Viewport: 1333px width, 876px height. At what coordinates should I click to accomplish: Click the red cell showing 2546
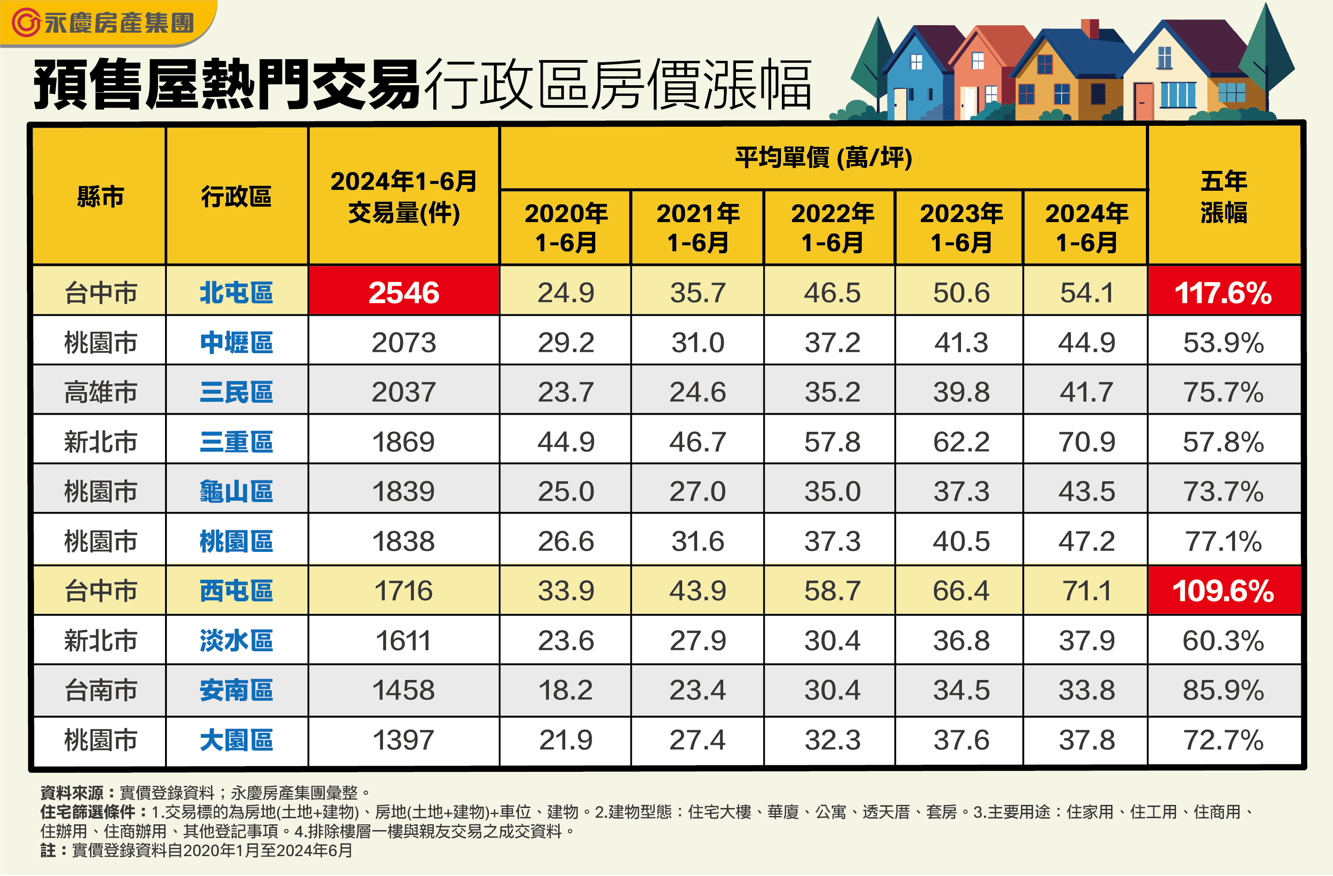[403, 292]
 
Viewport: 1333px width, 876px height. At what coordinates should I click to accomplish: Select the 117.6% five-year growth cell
[1223, 292]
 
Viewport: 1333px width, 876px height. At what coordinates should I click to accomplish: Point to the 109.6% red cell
[1223, 591]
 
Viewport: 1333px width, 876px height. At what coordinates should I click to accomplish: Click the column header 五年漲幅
[1223, 196]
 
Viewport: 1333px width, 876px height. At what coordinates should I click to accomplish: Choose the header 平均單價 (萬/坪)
[823, 158]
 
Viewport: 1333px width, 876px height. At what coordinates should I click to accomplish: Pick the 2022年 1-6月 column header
[832, 227]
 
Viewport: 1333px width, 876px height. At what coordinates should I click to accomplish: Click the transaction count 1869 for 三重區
[403, 442]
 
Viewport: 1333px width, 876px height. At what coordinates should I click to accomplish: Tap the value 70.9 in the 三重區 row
[1086, 442]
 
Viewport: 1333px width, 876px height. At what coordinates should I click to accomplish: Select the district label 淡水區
[237, 641]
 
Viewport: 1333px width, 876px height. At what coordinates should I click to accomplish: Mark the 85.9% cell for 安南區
[1223, 690]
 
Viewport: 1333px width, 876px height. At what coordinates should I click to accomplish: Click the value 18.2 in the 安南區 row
[565, 690]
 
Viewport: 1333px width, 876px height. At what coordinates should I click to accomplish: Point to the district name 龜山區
[237, 491]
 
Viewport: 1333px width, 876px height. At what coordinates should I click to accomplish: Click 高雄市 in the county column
[100, 392]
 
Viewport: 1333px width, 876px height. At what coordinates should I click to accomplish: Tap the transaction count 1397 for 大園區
[403, 740]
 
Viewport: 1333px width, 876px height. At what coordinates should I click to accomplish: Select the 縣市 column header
[100, 196]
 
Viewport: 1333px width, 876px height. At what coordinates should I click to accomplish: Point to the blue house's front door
[900, 104]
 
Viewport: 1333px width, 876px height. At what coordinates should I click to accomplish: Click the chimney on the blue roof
[1089, 28]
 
